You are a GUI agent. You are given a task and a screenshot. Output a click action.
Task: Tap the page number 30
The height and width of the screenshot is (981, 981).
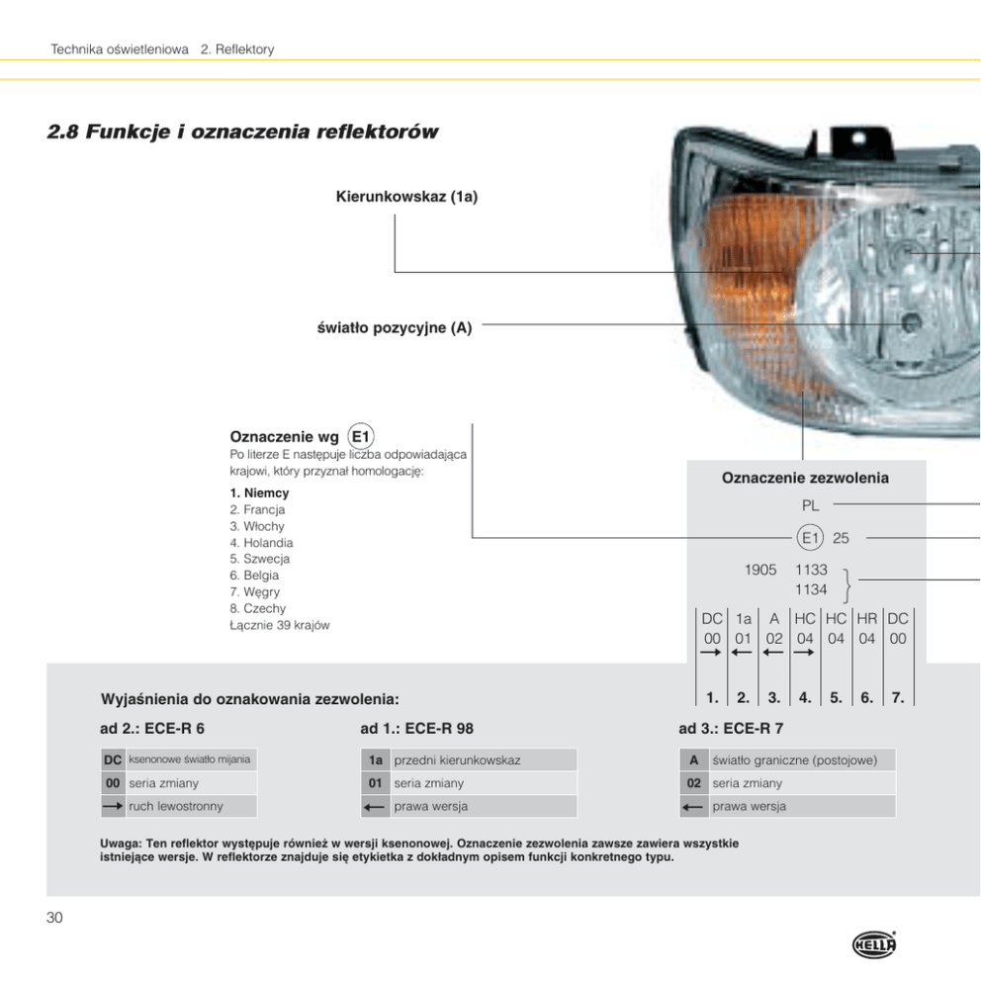point(55,919)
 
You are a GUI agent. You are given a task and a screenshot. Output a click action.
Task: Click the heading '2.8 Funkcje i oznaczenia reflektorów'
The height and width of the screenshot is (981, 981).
point(242,132)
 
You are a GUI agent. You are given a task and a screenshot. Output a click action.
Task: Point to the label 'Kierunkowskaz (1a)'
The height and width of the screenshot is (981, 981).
point(407,197)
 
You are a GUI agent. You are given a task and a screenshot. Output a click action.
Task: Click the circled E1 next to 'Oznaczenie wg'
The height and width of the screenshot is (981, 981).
point(361,436)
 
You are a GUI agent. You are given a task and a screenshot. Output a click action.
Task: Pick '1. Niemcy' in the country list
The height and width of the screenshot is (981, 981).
point(259,492)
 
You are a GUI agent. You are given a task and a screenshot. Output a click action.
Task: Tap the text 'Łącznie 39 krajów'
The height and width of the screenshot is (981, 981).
point(280,625)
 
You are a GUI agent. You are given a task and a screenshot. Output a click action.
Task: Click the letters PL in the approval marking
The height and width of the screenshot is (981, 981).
point(811,505)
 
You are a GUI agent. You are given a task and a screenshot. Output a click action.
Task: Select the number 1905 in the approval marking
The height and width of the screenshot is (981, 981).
point(760,571)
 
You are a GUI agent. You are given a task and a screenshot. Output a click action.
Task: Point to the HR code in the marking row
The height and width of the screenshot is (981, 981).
point(867,618)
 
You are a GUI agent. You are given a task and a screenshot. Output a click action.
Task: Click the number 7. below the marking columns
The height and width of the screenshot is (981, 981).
point(898,697)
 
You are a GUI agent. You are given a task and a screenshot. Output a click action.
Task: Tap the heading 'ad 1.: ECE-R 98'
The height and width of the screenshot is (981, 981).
point(416,729)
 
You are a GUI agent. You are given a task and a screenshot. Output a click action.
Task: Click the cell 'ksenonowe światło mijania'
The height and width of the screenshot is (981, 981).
point(189,759)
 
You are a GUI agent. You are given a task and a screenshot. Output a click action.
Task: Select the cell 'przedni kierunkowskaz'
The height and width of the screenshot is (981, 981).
point(457,760)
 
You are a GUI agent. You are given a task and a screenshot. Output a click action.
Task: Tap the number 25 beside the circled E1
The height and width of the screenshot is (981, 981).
point(842,538)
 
